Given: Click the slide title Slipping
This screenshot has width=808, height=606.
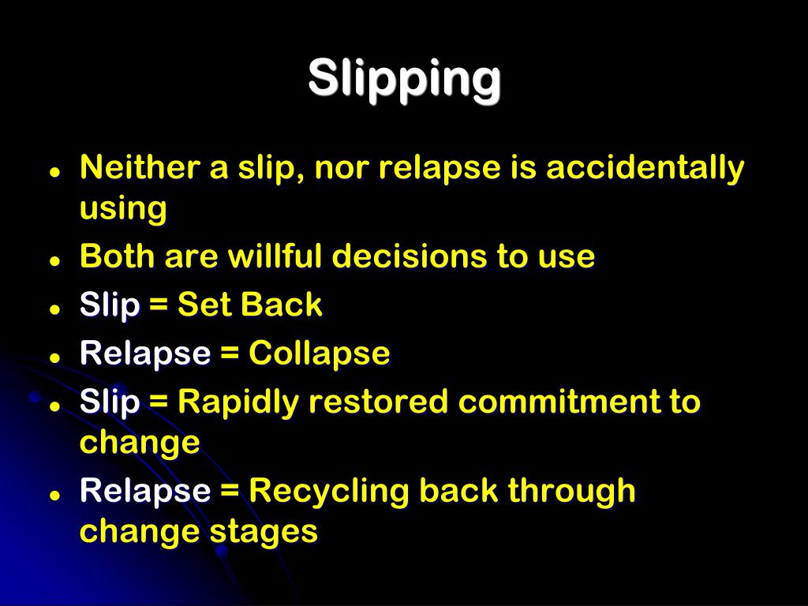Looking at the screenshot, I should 404,79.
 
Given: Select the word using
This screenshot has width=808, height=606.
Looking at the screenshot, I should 123,210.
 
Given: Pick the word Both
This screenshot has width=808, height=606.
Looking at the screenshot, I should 110,256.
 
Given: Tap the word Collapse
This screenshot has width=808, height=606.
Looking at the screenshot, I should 320,353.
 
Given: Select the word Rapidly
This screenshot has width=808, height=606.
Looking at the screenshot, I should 238,402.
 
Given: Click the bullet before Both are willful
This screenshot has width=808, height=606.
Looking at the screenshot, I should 55,259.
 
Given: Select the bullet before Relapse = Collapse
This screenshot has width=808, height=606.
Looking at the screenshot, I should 55,357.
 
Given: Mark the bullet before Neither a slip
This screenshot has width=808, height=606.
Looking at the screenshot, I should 55,171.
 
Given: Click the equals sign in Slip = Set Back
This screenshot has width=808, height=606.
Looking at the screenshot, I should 159,305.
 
